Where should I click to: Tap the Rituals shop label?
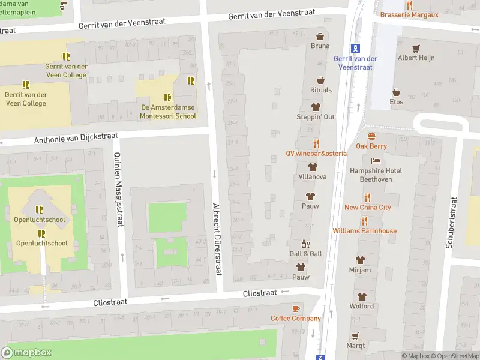click(x=320, y=90)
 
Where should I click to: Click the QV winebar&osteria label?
click(x=316, y=153)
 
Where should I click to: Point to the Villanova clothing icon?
click(x=312, y=167)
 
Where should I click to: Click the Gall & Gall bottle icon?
click(x=305, y=244)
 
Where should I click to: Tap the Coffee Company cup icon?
click(x=295, y=308)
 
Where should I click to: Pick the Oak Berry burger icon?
click(x=371, y=136)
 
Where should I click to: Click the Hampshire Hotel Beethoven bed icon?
click(x=376, y=161)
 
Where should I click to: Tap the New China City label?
click(x=367, y=207)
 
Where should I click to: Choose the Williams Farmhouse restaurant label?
click(x=364, y=231)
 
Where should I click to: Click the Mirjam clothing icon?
click(x=360, y=260)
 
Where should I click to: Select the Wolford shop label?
click(x=361, y=306)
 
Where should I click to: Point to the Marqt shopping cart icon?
click(x=355, y=335)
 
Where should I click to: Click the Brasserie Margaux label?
click(x=409, y=14)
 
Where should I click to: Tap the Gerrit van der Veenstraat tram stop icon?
click(x=355, y=48)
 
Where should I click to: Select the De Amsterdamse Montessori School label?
click(x=168, y=112)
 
